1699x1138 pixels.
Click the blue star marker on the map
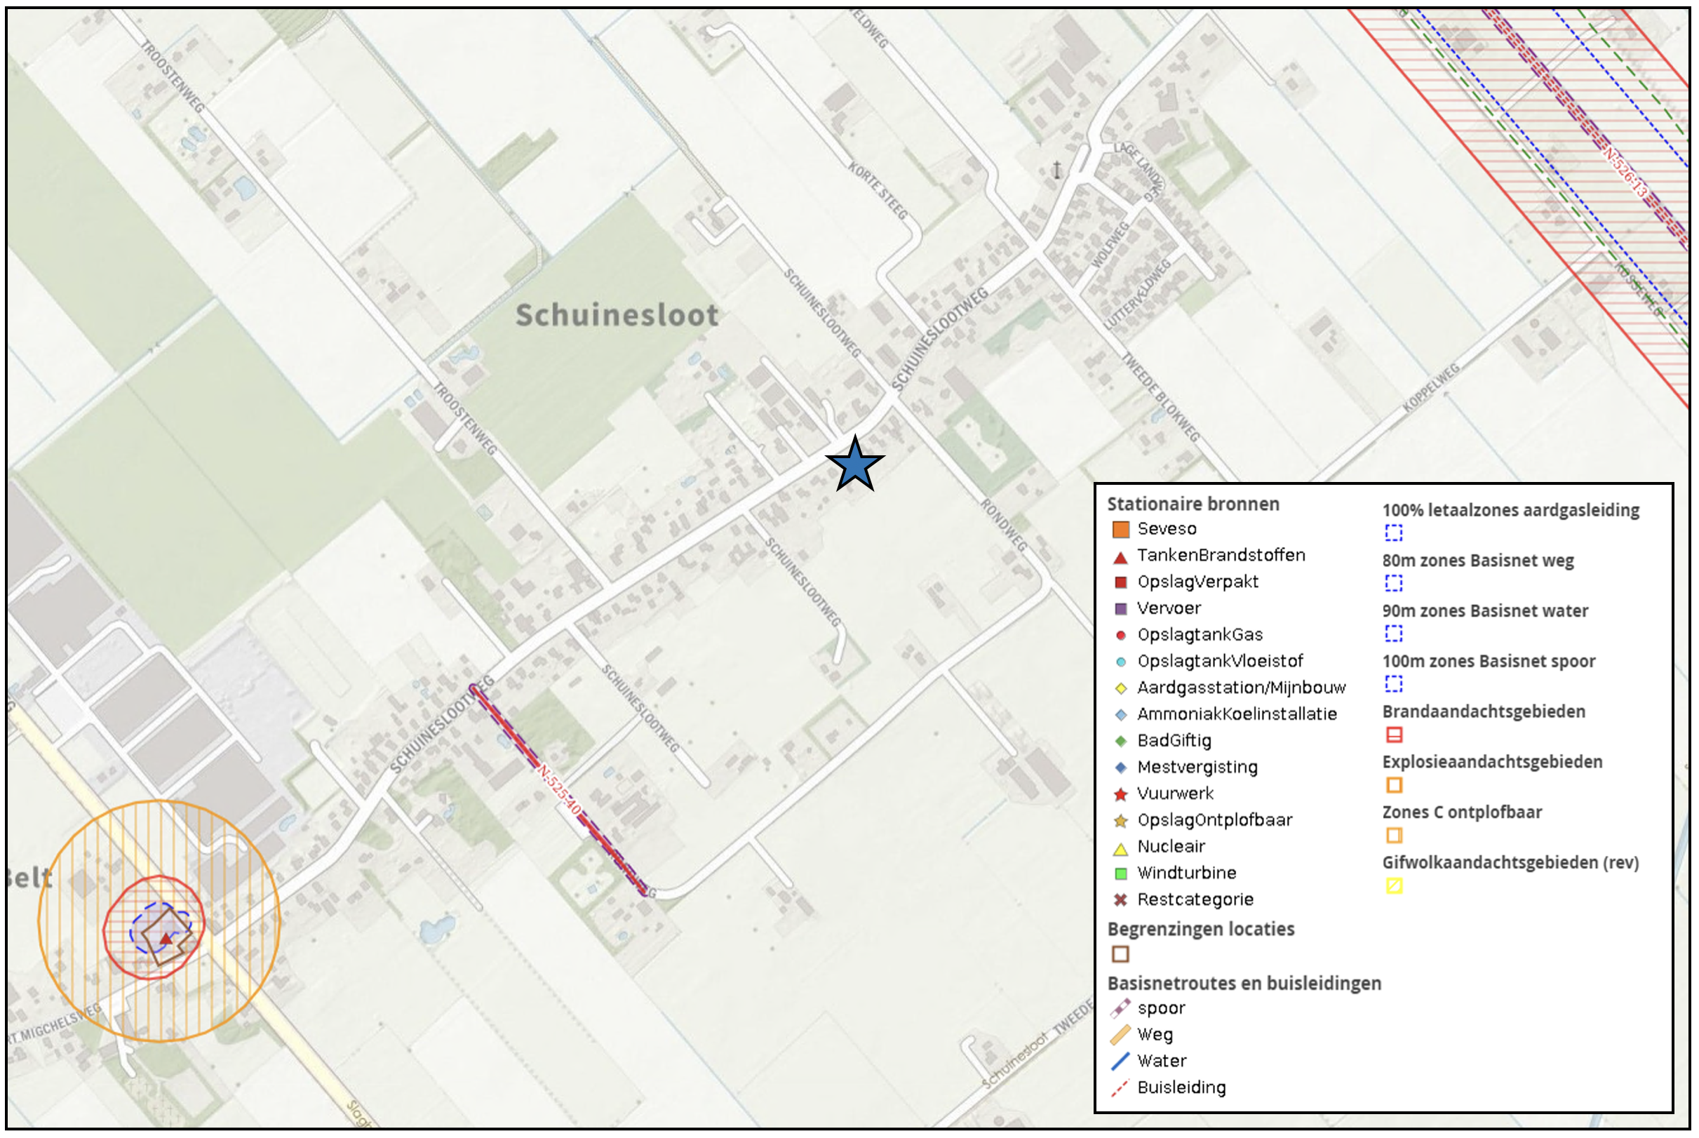(x=854, y=464)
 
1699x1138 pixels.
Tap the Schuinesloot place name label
(x=617, y=316)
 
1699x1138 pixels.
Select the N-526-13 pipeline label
(x=1625, y=173)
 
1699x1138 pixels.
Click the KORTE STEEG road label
(x=878, y=191)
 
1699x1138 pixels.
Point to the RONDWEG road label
(x=1004, y=525)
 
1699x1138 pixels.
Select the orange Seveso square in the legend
(x=1121, y=530)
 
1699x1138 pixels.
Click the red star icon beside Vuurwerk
(x=1121, y=795)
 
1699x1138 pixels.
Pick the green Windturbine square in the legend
(x=1121, y=873)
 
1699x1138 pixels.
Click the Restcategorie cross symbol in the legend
(x=1121, y=901)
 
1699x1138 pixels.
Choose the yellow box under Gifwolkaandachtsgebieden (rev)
(x=1395, y=886)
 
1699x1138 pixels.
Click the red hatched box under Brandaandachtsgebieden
(x=1395, y=735)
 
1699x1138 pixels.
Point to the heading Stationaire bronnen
(x=1193, y=504)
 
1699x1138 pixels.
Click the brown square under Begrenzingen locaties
(x=1121, y=954)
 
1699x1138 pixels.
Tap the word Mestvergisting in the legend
(x=1197, y=768)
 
